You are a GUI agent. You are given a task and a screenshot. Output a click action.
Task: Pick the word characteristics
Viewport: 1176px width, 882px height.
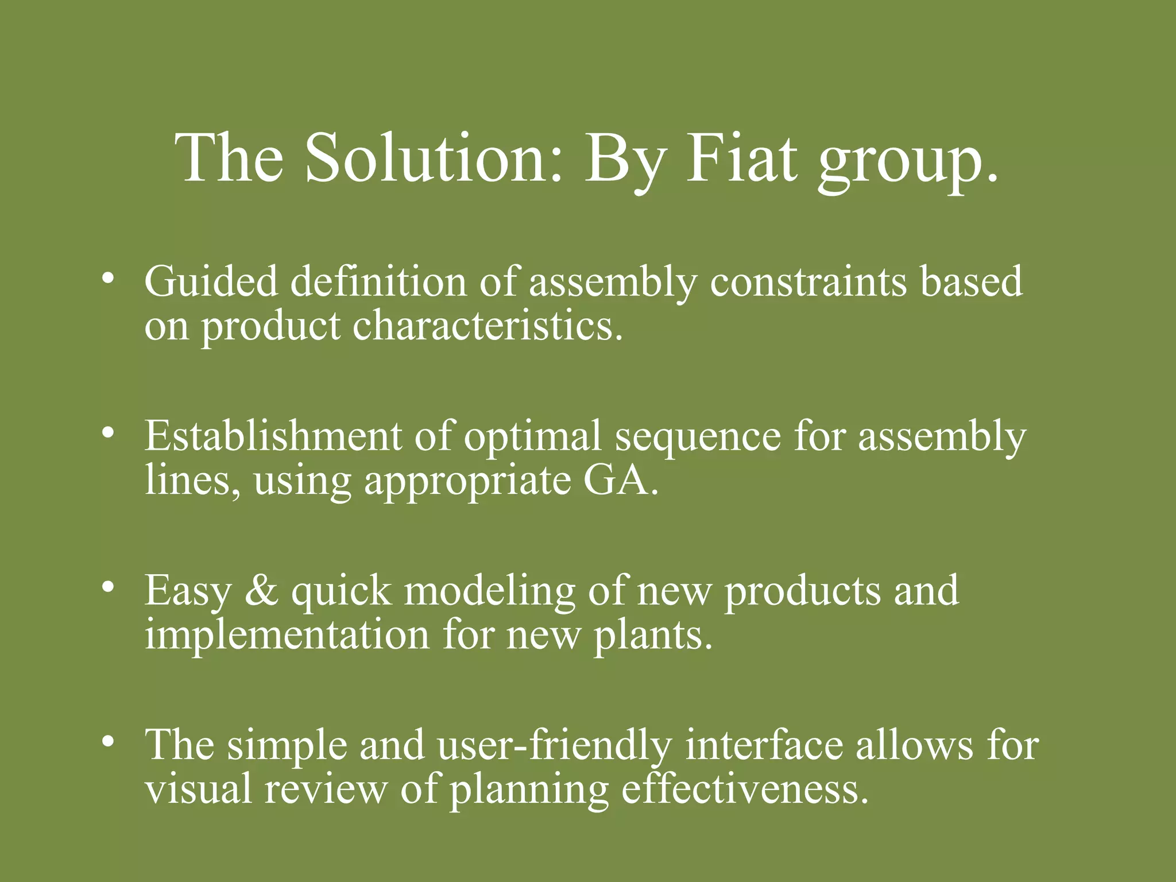click(487, 326)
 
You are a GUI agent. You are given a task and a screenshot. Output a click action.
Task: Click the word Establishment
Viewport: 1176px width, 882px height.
click(273, 436)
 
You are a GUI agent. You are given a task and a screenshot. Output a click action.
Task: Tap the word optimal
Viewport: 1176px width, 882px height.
click(532, 436)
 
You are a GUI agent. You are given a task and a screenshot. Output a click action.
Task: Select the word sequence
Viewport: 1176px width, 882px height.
click(698, 439)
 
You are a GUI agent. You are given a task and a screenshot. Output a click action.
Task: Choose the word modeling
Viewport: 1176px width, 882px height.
click(489, 591)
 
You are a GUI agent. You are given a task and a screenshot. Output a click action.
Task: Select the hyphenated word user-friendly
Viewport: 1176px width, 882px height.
click(554, 746)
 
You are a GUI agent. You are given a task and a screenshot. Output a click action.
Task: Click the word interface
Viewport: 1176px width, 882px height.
click(764, 745)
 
